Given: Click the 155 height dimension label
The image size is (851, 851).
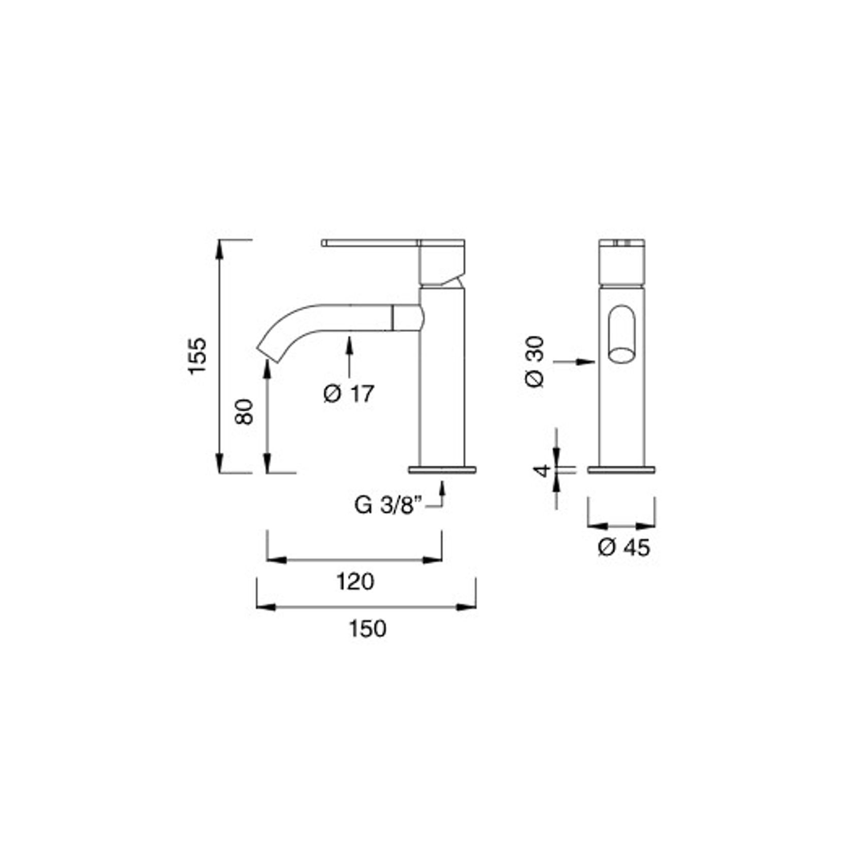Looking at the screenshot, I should coord(197,355).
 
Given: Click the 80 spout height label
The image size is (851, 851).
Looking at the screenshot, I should coord(244,411).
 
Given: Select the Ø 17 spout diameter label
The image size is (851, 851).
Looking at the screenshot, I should coord(349,394).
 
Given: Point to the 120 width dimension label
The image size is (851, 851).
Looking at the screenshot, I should coord(355,581).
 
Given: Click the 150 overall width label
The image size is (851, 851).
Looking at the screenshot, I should coord(367,629).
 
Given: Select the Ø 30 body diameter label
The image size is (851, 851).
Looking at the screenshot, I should coord(535,362).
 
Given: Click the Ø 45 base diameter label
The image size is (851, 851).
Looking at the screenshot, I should coord(624,547).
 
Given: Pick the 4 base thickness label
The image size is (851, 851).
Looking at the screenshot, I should coord(543,470).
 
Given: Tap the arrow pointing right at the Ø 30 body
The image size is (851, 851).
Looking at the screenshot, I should coord(586,362).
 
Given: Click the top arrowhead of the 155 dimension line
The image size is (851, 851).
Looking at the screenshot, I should coord(219,249).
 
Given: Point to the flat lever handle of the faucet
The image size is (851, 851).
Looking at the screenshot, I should coord(371,243).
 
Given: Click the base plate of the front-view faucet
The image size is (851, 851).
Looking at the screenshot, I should coord(621,470).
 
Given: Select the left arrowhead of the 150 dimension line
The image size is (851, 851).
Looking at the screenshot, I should coord(266,606).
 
